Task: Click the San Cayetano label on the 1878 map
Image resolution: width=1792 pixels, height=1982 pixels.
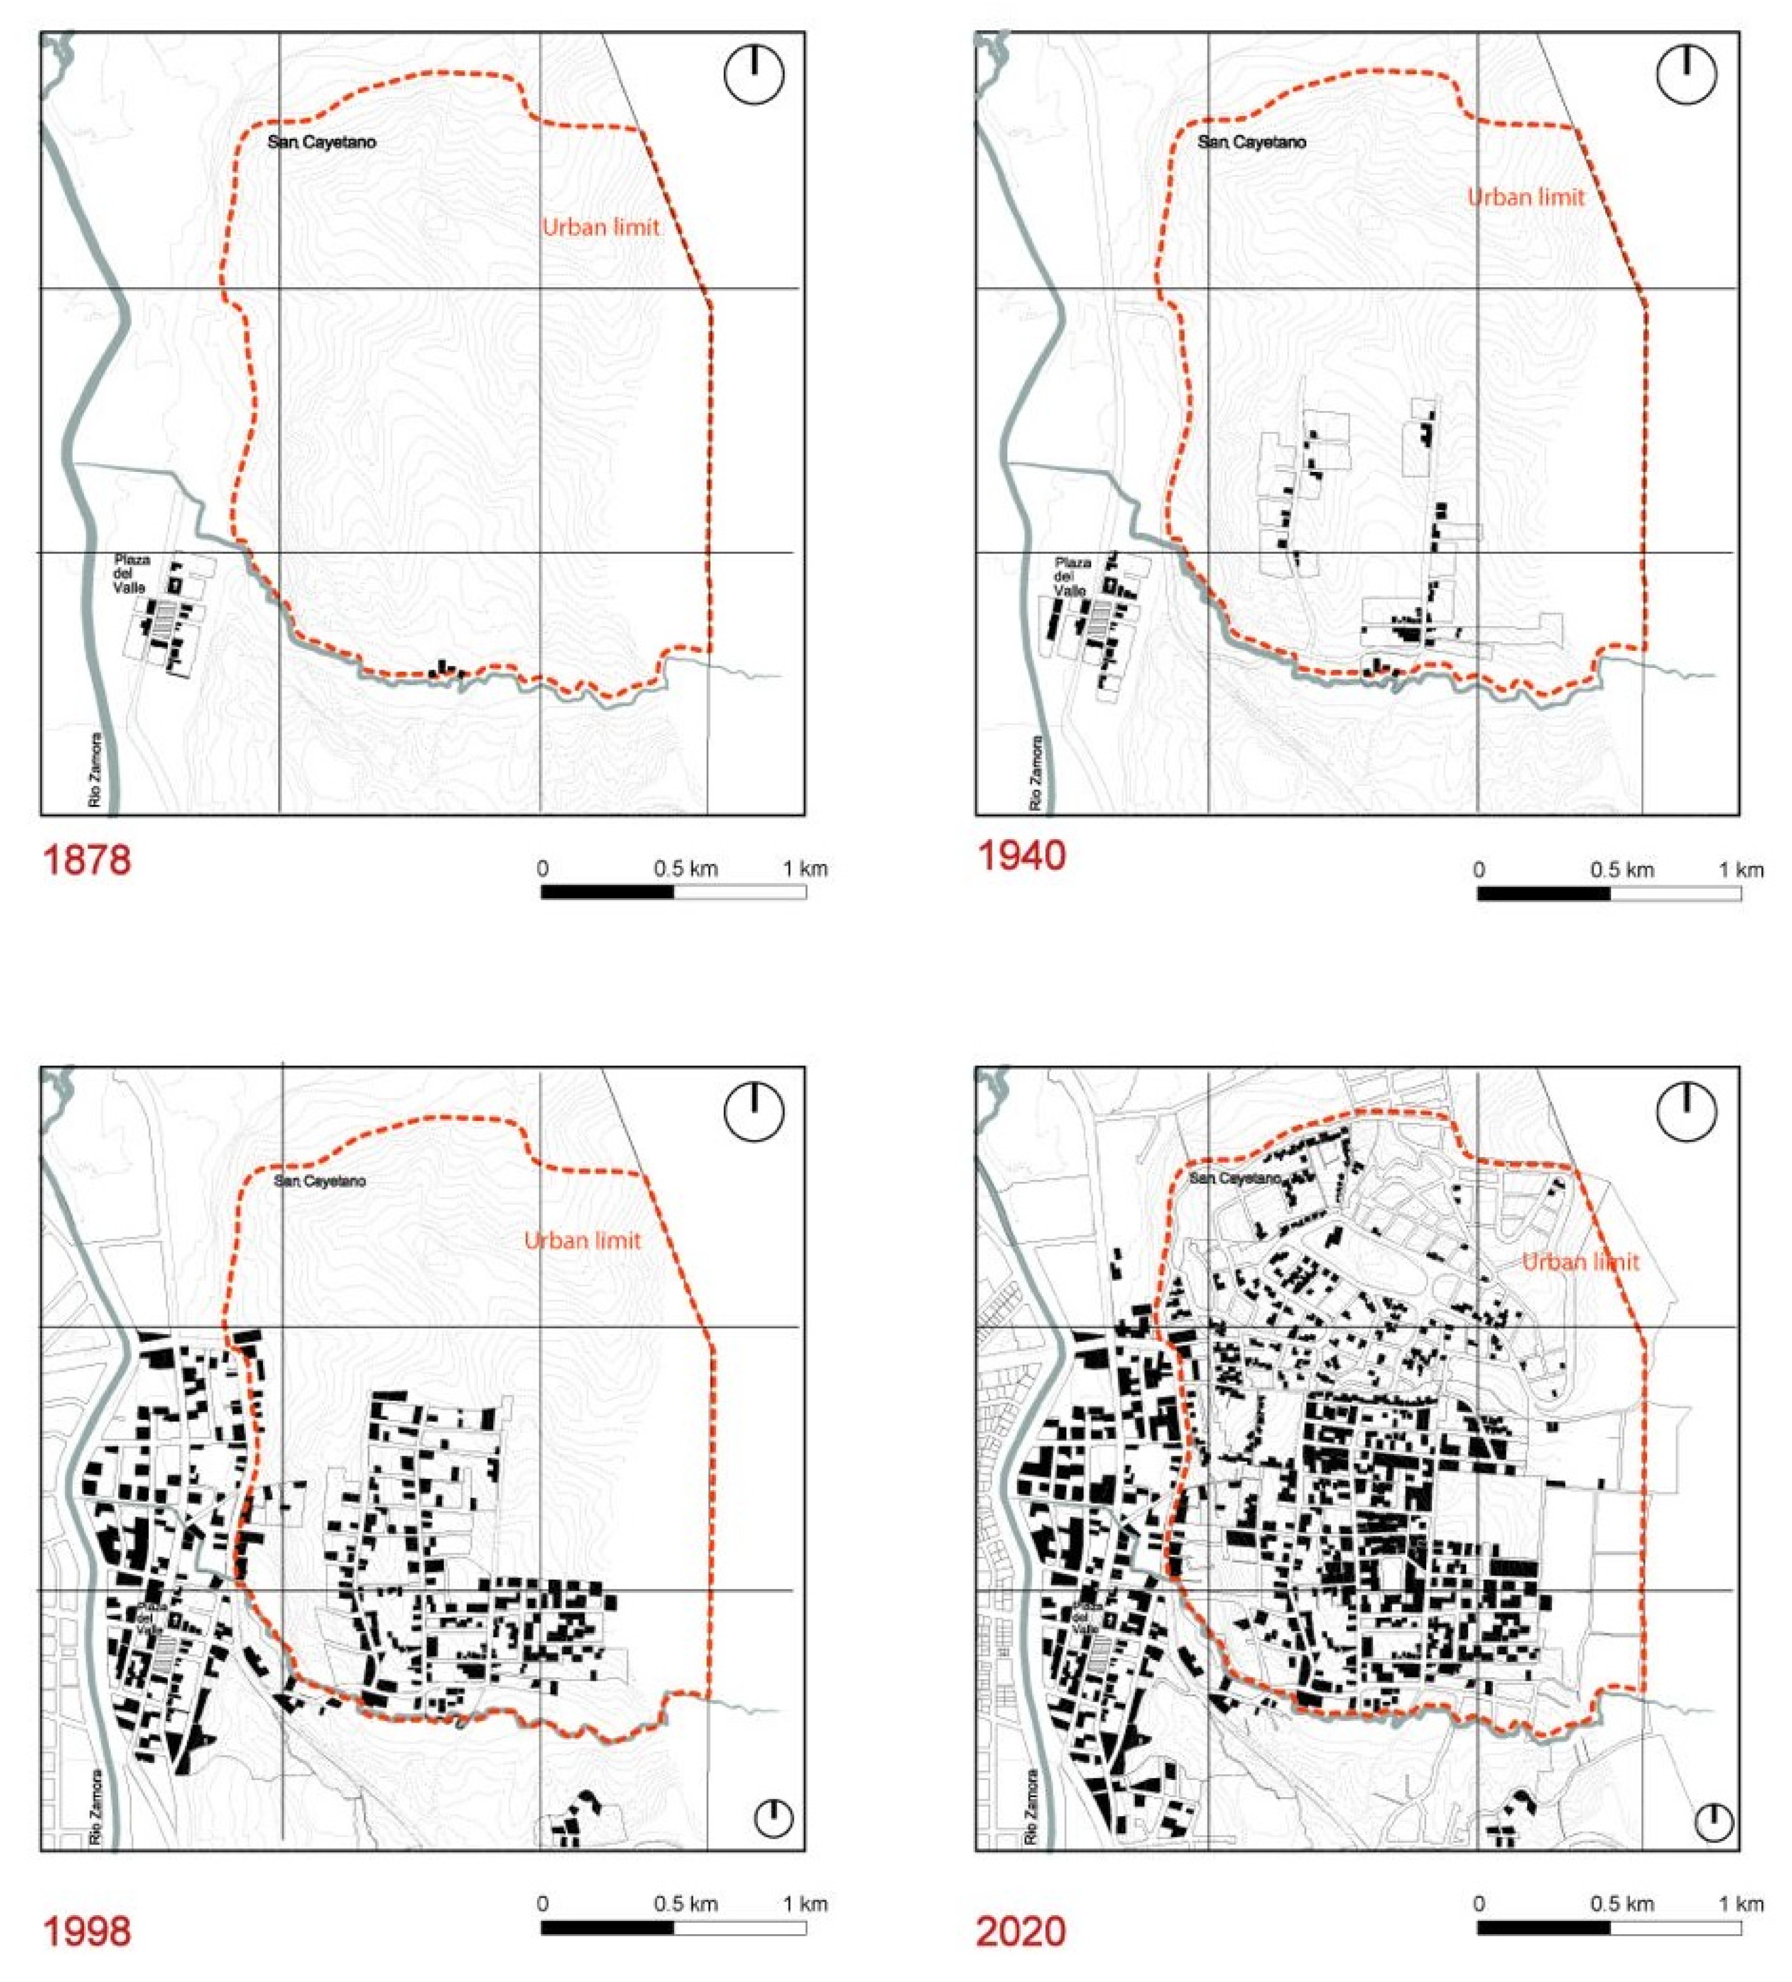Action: [321, 142]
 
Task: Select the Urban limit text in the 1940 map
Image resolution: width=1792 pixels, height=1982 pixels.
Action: [1526, 198]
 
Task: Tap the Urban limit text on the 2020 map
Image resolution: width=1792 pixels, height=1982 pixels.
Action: [1579, 1261]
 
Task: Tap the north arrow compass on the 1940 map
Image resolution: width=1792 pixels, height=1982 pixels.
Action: [1686, 75]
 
